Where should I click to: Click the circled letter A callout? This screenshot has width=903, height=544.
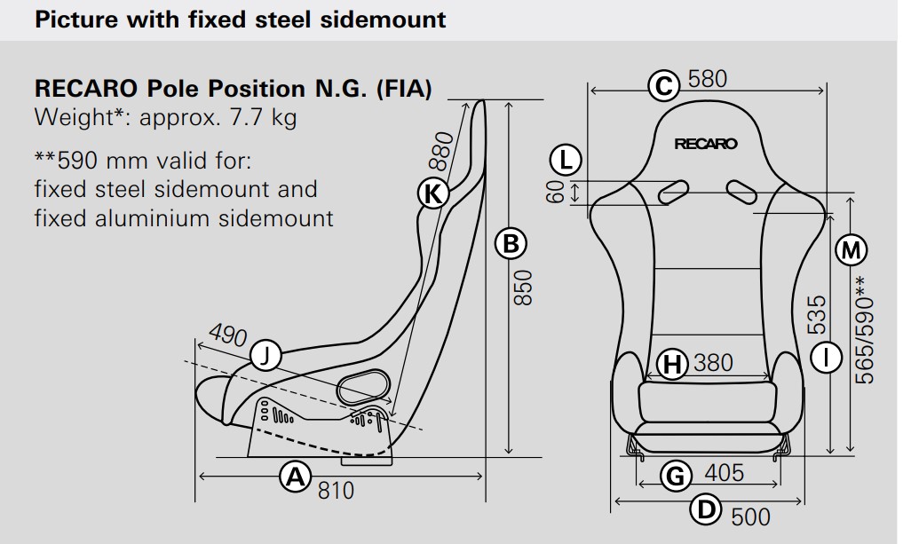click(x=296, y=477)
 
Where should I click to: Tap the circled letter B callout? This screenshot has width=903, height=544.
click(x=511, y=244)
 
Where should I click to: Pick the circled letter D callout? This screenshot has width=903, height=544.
click(x=706, y=509)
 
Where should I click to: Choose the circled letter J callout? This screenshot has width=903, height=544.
click(x=265, y=356)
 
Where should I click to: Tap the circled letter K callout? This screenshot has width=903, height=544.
click(x=432, y=193)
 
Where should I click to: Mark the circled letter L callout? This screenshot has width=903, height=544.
click(x=566, y=160)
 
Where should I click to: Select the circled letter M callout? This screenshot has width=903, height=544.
click(x=851, y=250)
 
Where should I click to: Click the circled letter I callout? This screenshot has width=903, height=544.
click(x=827, y=359)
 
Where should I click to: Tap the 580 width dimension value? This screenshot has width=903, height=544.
click(x=707, y=79)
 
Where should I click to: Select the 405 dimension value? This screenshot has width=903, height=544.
click(x=724, y=473)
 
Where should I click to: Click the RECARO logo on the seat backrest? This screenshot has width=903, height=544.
click(x=706, y=144)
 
